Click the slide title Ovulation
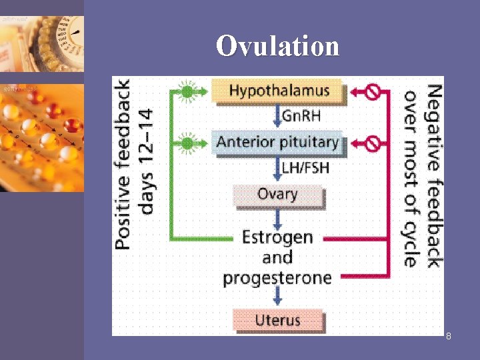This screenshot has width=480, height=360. click(277, 46)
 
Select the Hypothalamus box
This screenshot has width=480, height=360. click(279, 90)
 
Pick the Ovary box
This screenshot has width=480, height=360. click(277, 195)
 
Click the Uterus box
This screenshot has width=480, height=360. click(277, 320)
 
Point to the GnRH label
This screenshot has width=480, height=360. click(301, 115)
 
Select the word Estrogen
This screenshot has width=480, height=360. click(277, 237)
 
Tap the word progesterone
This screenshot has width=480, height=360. click(277, 277)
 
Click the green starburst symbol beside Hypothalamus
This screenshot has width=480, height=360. click(188, 91)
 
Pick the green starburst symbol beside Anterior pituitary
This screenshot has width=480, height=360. click(188, 143)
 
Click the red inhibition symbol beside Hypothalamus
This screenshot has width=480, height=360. click(373, 91)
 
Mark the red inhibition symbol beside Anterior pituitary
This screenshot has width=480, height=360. click(373, 143)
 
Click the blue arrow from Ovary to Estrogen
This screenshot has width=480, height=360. click(277, 217)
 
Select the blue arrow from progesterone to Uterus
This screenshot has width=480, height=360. click(277, 297)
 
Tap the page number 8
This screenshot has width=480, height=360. click(449, 336)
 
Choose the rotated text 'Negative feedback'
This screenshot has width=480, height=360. click(433, 175)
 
